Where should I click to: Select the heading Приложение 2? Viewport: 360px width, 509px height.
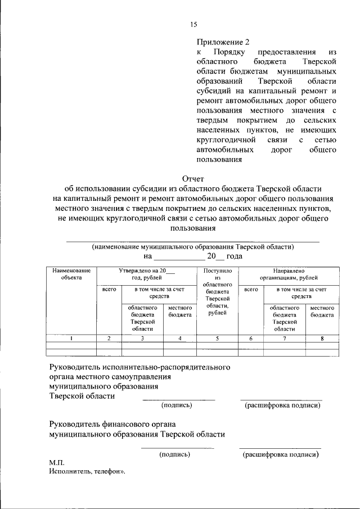click(x=222, y=42)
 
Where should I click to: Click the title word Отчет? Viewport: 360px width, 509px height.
click(x=193, y=178)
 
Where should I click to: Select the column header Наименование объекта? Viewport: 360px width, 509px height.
click(x=71, y=273)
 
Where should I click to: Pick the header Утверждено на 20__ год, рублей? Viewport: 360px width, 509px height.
click(x=146, y=274)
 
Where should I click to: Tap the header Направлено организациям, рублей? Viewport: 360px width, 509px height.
click(x=289, y=274)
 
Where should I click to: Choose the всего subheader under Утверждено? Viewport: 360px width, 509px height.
click(x=109, y=289)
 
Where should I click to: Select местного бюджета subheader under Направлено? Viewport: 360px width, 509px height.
click(x=322, y=312)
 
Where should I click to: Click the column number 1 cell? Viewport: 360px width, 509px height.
click(x=71, y=339)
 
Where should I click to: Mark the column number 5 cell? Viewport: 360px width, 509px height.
click(x=217, y=339)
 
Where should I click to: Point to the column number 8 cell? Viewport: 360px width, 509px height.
click(x=322, y=339)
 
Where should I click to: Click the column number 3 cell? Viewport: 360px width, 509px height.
click(x=142, y=339)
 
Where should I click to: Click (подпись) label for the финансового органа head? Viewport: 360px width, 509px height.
click(x=174, y=454)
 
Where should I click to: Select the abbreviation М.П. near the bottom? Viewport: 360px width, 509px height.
click(x=57, y=462)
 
